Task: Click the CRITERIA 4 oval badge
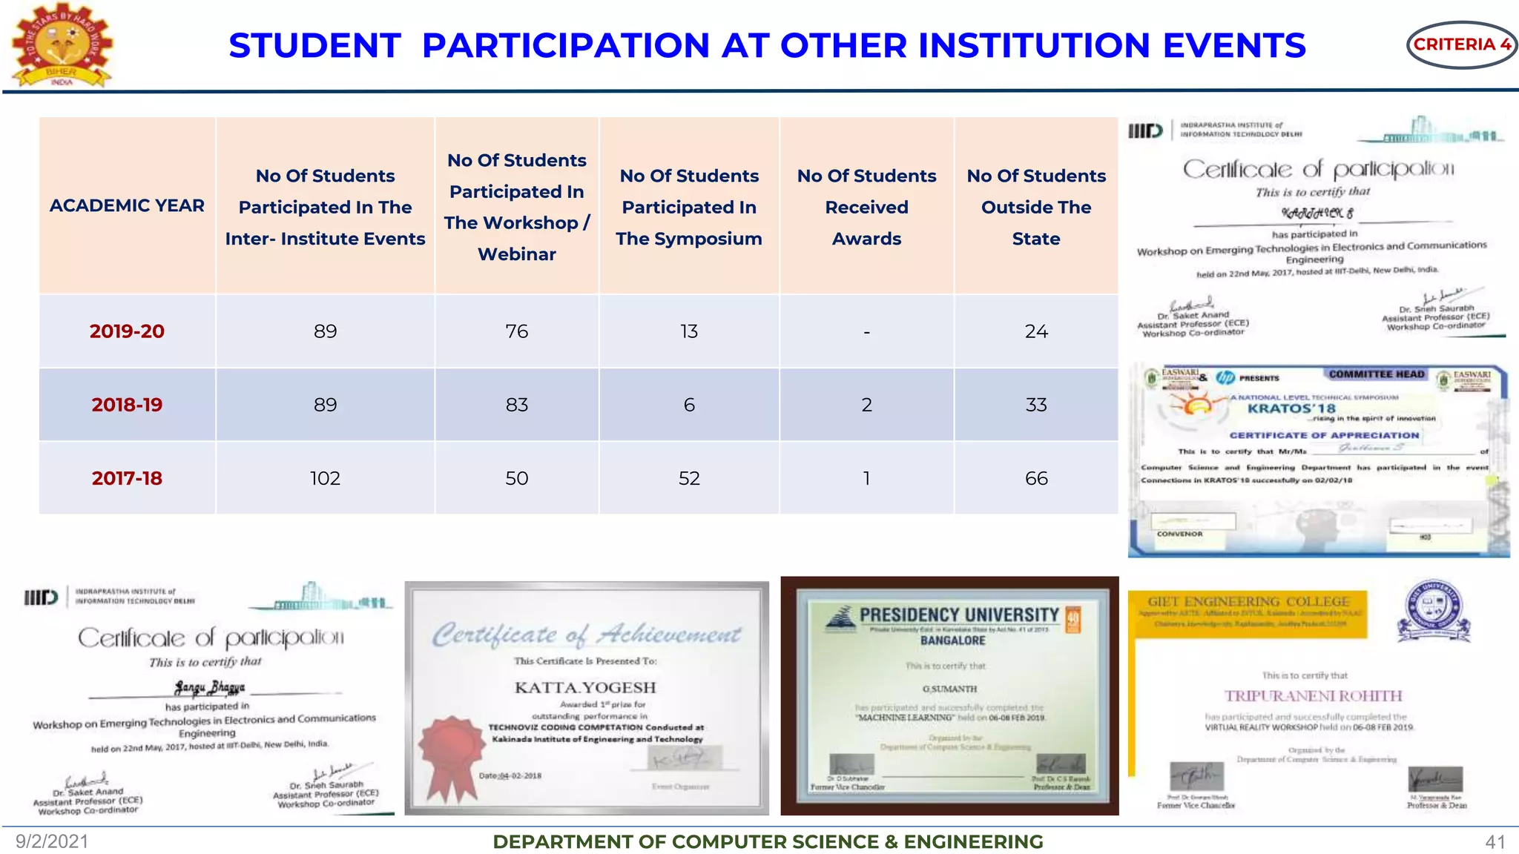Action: (1460, 44)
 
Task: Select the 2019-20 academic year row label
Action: (127, 331)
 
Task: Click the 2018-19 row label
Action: (127, 405)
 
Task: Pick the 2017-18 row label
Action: (127, 478)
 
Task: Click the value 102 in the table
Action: (325, 478)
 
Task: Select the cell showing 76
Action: (516, 331)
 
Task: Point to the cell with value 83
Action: (516, 405)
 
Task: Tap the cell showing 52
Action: (688, 478)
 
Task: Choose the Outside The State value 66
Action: (1035, 478)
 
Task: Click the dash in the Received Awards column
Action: (866, 332)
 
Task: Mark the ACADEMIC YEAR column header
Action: (127, 205)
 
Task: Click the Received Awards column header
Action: (866, 207)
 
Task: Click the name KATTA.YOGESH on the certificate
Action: (585, 687)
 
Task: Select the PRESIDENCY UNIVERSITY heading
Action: (959, 615)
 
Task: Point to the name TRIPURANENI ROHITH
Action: (1313, 695)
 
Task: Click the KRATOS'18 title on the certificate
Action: (1291, 408)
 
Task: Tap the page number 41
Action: (1495, 842)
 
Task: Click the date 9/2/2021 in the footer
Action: (52, 841)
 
